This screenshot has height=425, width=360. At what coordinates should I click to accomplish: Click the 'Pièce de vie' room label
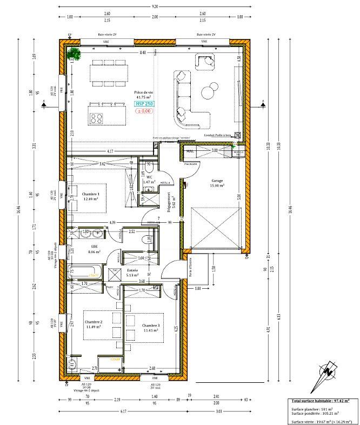[x=143, y=92]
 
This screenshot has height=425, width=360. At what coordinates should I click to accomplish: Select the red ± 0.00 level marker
[x=143, y=111]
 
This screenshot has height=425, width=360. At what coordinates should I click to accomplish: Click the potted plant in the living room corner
[x=74, y=53]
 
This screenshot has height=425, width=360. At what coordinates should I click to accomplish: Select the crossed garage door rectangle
[x=213, y=228]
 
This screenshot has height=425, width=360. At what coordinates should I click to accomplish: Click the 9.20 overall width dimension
[x=155, y=6]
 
